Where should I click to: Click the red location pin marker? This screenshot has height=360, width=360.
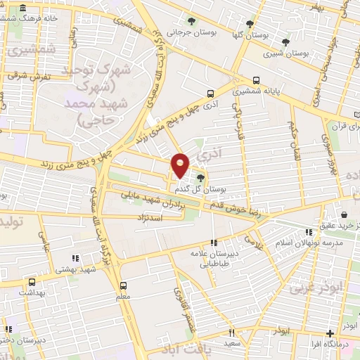pyautogui.click(x=181, y=165)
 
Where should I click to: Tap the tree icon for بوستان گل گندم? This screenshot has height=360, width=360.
pyautogui.click(x=202, y=178)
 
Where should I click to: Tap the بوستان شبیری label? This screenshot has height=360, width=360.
pyautogui.click(x=285, y=53)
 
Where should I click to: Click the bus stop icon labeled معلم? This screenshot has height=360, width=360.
pyautogui.click(x=124, y=285)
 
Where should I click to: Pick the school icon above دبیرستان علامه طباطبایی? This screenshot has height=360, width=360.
pyautogui.click(x=214, y=243)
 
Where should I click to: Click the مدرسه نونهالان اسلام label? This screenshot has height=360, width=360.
pyautogui.click(x=309, y=243)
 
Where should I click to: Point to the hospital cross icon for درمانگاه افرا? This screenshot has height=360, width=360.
pyautogui.click(x=330, y=334)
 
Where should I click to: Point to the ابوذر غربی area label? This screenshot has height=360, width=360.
pyautogui.click(x=310, y=288)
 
